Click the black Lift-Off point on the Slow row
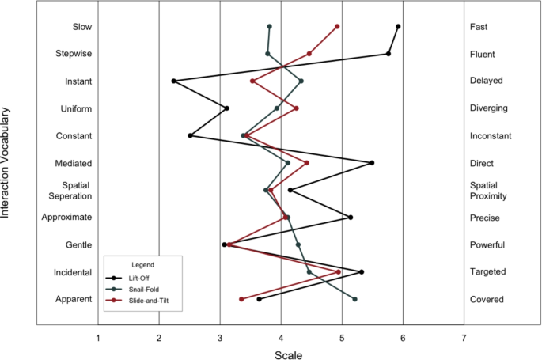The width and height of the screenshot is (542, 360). [x=398, y=26]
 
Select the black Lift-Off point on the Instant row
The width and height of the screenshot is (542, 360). [x=173, y=81]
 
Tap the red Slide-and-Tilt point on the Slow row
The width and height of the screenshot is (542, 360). [x=337, y=26]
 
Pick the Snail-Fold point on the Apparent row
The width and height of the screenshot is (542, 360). [x=354, y=299]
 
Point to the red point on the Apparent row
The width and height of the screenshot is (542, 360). [x=241, y=299]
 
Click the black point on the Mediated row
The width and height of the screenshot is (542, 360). [x=372, y=163]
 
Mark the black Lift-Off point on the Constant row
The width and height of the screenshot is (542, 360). [x=190, y=135]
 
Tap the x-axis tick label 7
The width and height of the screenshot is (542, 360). [x=464, y=339]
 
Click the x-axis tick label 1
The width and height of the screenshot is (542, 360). [x=98, y=339]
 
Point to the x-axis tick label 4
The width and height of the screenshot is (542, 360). [x=281, y=339]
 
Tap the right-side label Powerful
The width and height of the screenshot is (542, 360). [x=488, y=244]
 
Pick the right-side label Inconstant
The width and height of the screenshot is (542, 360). [x=491, y=135]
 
